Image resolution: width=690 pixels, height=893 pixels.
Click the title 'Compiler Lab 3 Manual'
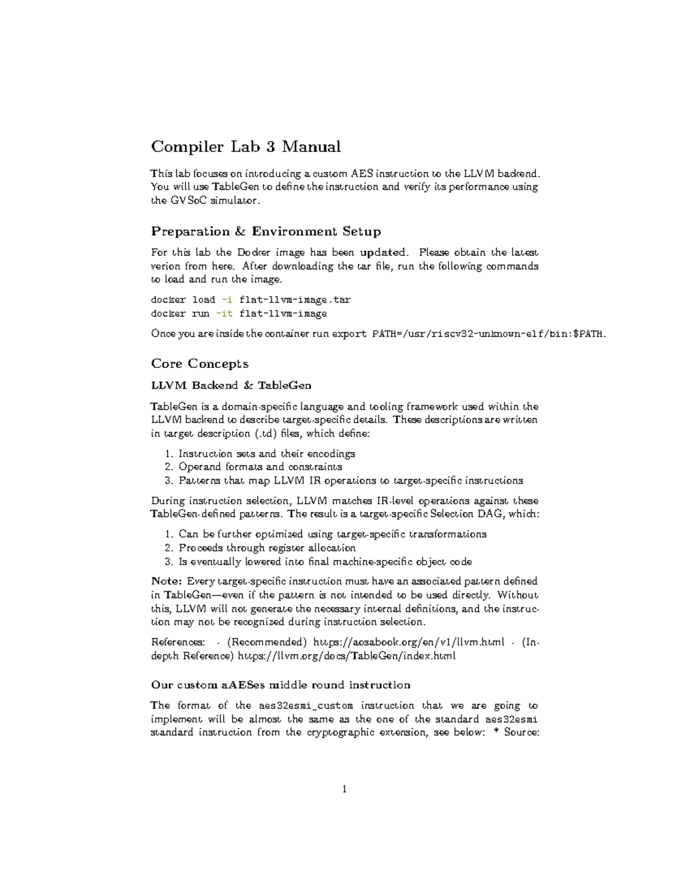(246, 147)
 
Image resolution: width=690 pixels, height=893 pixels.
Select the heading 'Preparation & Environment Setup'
(266, 232)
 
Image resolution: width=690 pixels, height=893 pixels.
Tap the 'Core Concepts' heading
(200, 364)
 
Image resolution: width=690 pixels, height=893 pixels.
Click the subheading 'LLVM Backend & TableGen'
(231, 385)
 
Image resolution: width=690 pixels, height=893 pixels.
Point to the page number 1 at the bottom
(344, 789)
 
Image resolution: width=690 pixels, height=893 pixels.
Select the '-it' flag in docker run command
(224, 314)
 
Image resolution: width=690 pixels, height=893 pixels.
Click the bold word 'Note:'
(167, 581)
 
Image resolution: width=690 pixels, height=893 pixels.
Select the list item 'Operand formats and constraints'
(260, 467)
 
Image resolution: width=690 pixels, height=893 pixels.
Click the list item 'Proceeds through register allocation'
(267, 548)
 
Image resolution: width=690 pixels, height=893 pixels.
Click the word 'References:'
(178, 642)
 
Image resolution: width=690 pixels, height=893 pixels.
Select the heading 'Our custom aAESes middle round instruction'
(281, 685)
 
